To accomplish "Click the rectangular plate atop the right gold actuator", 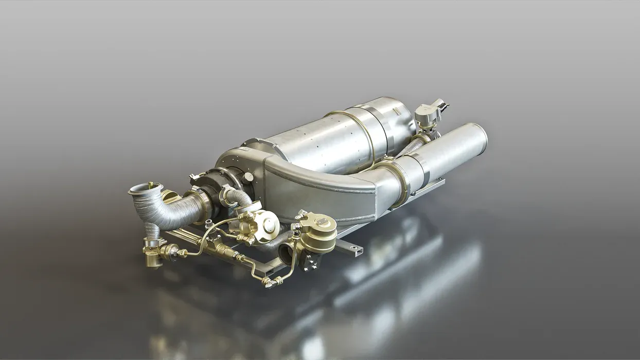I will pos(322,221).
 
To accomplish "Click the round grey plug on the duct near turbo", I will pos(249,176).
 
